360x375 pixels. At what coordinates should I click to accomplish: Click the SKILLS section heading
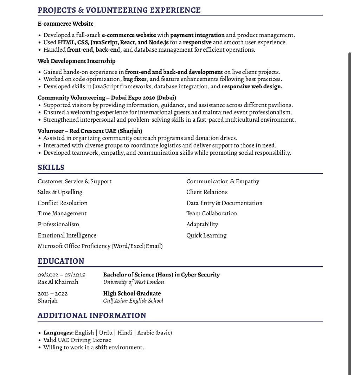coord(51,167)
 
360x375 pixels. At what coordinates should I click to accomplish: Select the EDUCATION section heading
coord(61,261)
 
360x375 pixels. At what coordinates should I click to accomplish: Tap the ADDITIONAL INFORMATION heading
coord(92,316)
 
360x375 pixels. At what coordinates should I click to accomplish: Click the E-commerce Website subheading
coord(65,24)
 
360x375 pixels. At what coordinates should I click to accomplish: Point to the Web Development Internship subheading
coord(76,61)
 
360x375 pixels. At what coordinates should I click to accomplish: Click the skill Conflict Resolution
coord(62,203)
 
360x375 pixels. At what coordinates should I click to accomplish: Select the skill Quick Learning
coord(206,235)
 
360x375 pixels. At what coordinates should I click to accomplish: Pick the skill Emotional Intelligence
coord(67,235)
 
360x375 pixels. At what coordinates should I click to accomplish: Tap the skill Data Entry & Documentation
coord(224,203)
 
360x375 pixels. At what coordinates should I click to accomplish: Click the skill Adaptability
coord(202,224)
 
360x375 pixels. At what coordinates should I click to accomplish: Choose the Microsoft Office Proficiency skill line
coord(100,246)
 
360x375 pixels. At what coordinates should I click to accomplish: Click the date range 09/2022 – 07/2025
coord(61,275)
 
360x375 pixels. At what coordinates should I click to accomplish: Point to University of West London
coord(134,282)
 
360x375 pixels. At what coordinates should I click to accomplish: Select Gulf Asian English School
coord(133,301)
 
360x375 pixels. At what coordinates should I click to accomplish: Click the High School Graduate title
coord(132,293)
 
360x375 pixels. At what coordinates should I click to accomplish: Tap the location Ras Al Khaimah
coord(58,282)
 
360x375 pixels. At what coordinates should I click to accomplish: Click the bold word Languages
coord(58,333)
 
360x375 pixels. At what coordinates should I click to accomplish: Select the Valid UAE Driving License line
coord(77,340)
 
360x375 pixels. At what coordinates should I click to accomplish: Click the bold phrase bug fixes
coord(135,79)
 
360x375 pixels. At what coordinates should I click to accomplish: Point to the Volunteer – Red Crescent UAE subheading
coord(90,131)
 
